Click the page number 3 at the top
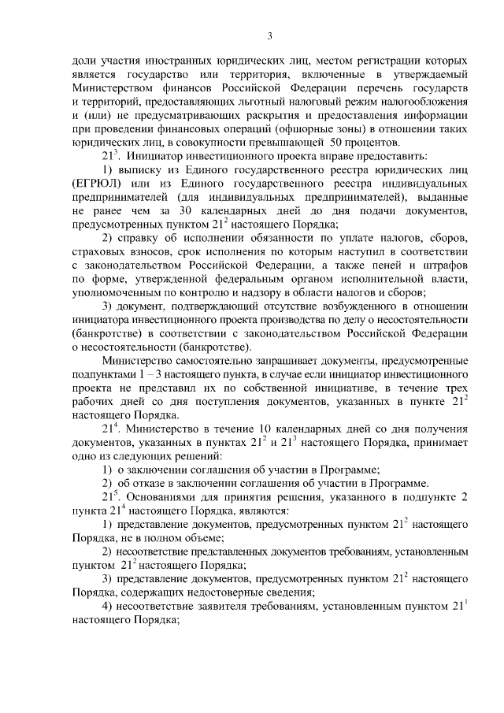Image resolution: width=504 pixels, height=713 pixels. coord(270,35)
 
